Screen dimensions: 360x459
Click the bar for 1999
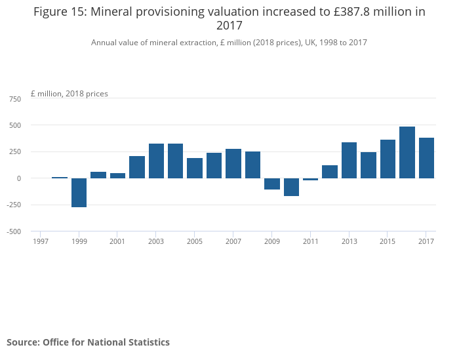tap(79, 193)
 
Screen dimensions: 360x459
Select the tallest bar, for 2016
tap(407, 152)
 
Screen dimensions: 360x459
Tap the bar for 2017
tap(426, 158)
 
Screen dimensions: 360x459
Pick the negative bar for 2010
tap(291, 187)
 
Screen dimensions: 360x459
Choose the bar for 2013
tap(349, 160)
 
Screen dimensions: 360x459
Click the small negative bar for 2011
tap(310, 180)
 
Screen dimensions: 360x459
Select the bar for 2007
tap(233, 163)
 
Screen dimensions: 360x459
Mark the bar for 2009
tap(272, 184)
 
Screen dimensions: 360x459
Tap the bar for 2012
tap(330, 172)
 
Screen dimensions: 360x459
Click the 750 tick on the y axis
tap(14, 98)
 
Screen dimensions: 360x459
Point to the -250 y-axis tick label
tap(13, 205)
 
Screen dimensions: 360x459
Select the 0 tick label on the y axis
tap(18, 178)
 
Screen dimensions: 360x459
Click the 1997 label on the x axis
tap(41, 241)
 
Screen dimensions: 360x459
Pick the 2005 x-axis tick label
tap(195, 241)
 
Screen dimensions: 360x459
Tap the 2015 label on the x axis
tap(388, 241)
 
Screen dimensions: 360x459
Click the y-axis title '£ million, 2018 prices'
tap(70, 94)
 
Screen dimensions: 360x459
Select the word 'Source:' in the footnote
tap(23, 342)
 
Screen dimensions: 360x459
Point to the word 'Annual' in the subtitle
tap(104, 43)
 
